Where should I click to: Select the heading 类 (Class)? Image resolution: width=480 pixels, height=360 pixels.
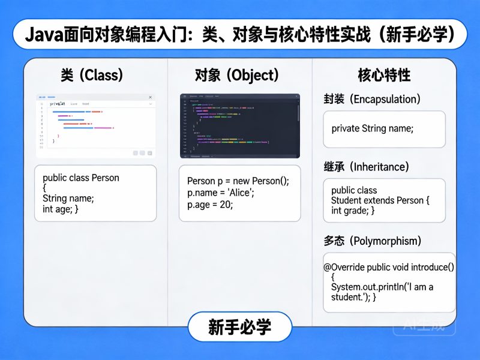coord(92,75)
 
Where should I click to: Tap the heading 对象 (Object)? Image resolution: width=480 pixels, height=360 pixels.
coord(237,75)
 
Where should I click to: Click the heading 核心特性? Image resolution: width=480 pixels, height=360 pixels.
coord(384,75)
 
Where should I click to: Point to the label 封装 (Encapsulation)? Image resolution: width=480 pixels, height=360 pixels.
coord(372,99)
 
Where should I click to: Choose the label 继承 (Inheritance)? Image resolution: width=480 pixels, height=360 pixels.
coord(366,166)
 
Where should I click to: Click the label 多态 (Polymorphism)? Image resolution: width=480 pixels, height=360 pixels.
coord(372,241)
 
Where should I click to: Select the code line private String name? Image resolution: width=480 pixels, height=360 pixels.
coord(373,128)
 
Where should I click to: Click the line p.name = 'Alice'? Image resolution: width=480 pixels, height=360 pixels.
coord(221,193)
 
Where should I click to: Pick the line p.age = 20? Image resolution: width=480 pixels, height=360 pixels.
coord(210,204)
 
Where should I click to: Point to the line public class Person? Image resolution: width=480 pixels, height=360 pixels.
coord(81,178)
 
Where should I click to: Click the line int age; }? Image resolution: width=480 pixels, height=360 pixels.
coord(61,209)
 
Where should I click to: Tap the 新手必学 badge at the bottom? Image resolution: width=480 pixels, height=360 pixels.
coord(240,327)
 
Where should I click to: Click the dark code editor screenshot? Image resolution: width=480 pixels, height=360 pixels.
coord(240,126)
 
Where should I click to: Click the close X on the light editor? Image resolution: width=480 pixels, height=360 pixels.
coord(151,97)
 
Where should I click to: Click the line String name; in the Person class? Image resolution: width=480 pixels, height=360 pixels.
coord(68,199)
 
